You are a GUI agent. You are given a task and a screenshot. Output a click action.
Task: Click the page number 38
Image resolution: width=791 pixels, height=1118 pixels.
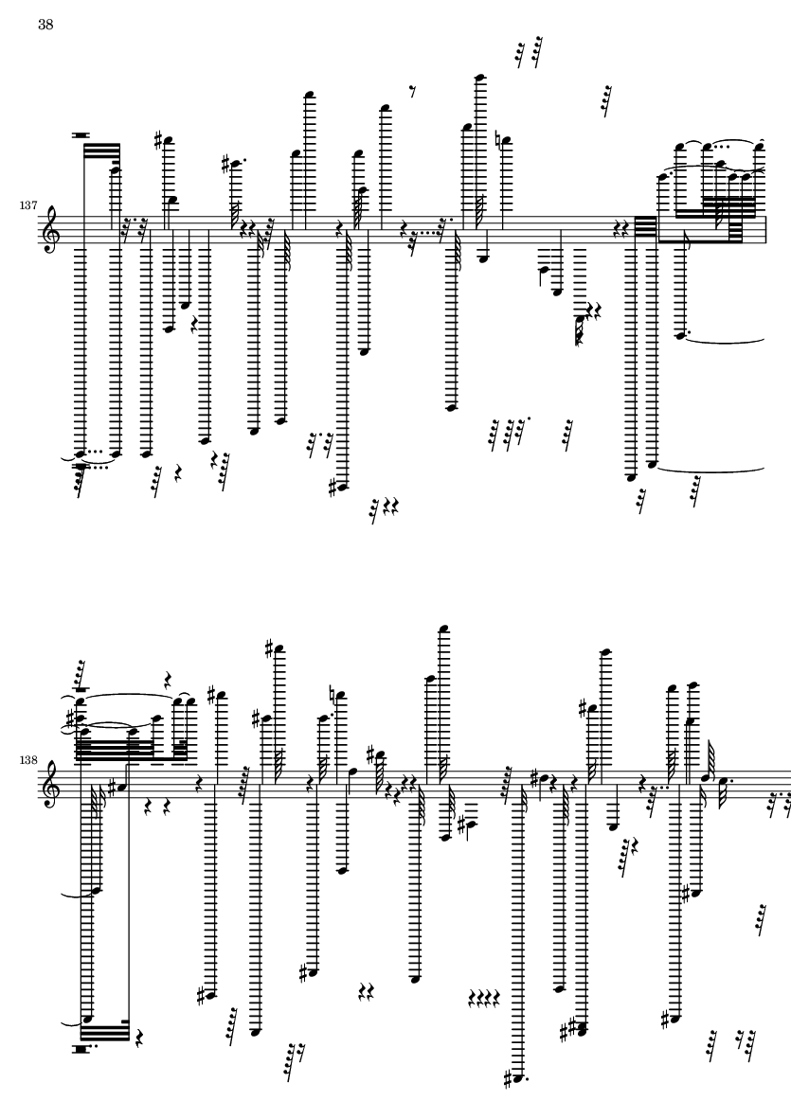pos(45,25)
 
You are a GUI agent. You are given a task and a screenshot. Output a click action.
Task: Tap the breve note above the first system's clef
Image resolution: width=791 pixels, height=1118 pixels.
pos(81,134)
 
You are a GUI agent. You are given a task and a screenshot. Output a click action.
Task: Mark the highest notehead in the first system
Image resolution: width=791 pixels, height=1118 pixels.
pos(481,76)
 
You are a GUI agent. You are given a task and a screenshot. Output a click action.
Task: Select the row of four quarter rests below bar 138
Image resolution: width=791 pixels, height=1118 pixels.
pos(484,997)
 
